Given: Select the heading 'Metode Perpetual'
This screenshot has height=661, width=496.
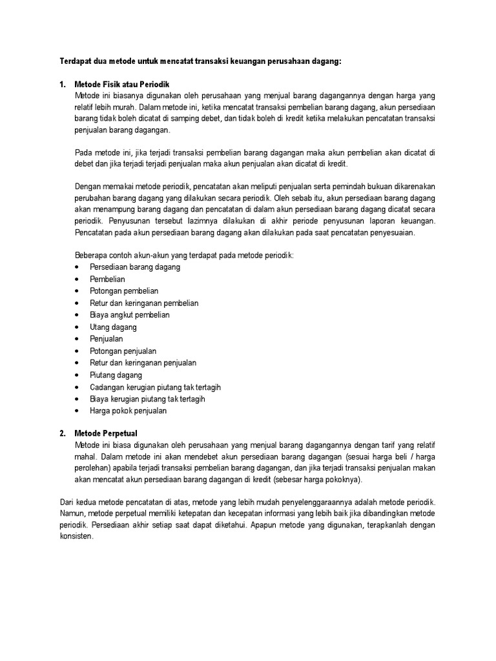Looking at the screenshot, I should (106, 432).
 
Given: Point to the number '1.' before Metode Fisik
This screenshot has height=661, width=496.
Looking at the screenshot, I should (63, 85).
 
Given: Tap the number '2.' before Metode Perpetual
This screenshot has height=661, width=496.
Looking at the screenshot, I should (63, 432).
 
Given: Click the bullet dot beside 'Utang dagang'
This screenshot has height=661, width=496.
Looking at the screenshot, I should (77, 327).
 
